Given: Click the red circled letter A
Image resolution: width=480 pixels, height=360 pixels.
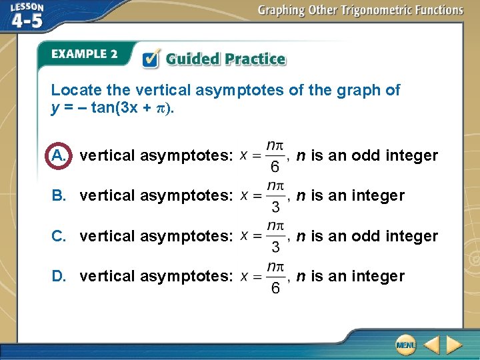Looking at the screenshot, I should pyautogui.click(x=59, y=156).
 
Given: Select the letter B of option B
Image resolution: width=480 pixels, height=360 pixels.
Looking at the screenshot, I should pyautogui.click(x=59, y=196).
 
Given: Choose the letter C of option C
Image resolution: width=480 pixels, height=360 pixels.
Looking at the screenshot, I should pyautogui.click(x=59, y=236).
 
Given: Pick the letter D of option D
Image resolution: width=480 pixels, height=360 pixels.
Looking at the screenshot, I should pyautogui.click(x=59, y=276).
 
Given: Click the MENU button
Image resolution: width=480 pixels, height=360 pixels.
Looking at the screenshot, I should pyautogui.click(x=405, y=345).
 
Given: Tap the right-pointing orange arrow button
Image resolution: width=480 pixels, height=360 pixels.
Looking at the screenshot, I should pyautogui.click(x=455, y=345).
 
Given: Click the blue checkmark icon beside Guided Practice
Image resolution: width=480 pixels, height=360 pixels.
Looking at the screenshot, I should pyautogui.click(x=152, y=59).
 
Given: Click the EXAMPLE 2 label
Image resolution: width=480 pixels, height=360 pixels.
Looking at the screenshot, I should pyautogui.click(x=84, y=54).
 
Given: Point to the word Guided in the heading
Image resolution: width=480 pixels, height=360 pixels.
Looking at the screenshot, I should pyautogui.click(x=191, y=59).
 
